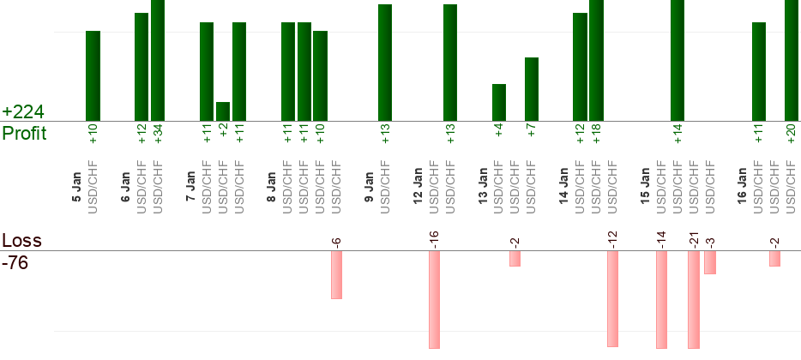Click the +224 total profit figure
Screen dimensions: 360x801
pyautogui.click(x=23, y=112)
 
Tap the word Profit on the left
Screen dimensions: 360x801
pyautogui.click(x=24, y=134)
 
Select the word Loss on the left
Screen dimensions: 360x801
pyautogui.click(x=22, y=240)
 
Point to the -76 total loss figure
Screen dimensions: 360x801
pyautogui.click(x=15, y=263)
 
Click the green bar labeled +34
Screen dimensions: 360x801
pyautogui.click(x=158, y=60)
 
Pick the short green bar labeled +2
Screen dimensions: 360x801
pyautogui.click(x=223, y=111)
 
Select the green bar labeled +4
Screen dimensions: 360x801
pyautogui.click(x=499, y=102)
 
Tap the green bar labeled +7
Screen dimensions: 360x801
pyautogui.click(x=532, y=89)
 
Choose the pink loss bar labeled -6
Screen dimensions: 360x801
pyautogui.click(x=337, y=274)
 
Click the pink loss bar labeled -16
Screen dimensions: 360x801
pyautogui.click(x=435, y=299)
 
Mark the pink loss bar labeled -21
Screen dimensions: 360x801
pyautogui.click(x=694, y=299)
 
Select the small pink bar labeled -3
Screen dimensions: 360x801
pyautogui.click(x=710, y=262)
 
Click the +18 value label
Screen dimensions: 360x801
pyautogui.click(x=596, y=134)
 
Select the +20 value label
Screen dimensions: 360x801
pyautogui.click(x=792, y=134)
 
